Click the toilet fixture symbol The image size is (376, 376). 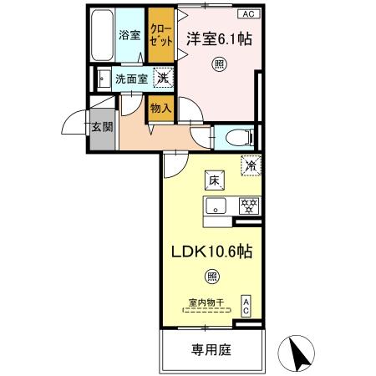[x=236, y=135]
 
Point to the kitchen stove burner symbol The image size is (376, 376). [x=247, y=205]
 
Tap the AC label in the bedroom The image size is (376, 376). [x=248, y=14]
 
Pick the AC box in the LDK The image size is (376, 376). [x=246, y=305]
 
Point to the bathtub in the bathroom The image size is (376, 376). [x=100, y=36]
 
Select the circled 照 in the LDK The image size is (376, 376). [x=213, y=277]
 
